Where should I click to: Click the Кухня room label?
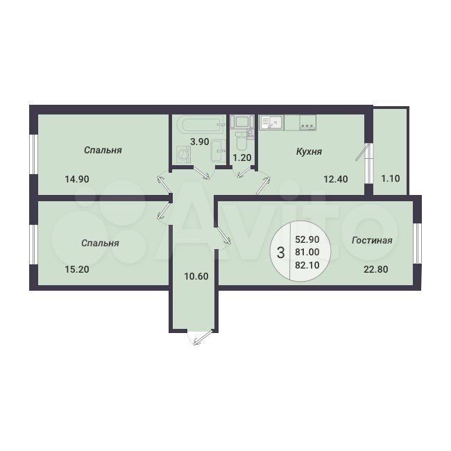[309, 151]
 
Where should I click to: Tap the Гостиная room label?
[372, 240]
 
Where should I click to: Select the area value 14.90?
[77, 179]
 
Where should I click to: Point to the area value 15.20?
[77, 269]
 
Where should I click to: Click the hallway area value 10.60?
[196, 276]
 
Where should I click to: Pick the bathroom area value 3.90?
[200, 142]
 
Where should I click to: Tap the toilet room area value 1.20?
[242, 158]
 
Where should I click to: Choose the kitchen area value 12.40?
[336, 179]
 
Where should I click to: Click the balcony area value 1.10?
[391, 178]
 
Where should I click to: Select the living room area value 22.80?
[376, 269]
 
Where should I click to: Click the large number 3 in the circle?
[280, 253]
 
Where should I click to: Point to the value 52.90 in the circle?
[307, 239]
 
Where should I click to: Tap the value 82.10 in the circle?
[307, 265]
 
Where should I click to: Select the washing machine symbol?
[183, 154]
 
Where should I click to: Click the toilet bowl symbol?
[241, 140]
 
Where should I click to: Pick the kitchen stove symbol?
[308, 122]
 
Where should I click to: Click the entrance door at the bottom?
[201, 338]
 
